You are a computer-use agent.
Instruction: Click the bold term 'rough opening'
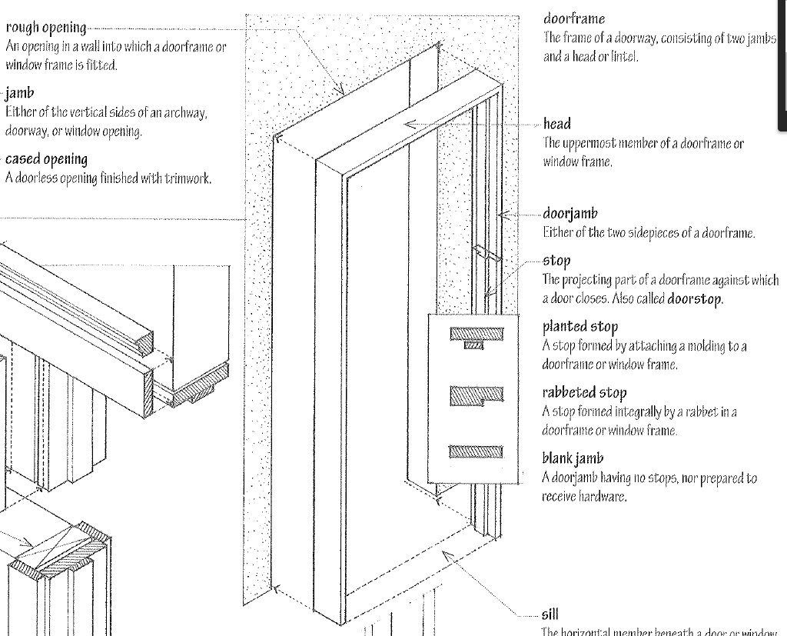pos(45,28)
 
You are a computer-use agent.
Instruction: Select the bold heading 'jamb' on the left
pos(19,94)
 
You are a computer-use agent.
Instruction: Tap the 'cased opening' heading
pos(46,159)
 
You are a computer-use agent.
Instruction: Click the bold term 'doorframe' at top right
pos(574,18)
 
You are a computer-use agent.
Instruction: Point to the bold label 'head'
pos(557,124)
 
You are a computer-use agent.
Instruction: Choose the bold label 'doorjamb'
pos(569,213)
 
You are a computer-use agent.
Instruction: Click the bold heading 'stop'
pos(556,261)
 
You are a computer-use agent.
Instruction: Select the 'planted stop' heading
pos(580,327)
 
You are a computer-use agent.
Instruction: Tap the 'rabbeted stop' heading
pos(584,393)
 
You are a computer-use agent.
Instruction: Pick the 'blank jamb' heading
pos(573,459)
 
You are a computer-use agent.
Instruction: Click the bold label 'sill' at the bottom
pos(550,614)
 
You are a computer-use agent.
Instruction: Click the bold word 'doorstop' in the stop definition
pos(695,298)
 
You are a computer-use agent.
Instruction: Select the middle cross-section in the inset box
pos(477,395)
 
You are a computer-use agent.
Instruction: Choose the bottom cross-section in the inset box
pos(477,451)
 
